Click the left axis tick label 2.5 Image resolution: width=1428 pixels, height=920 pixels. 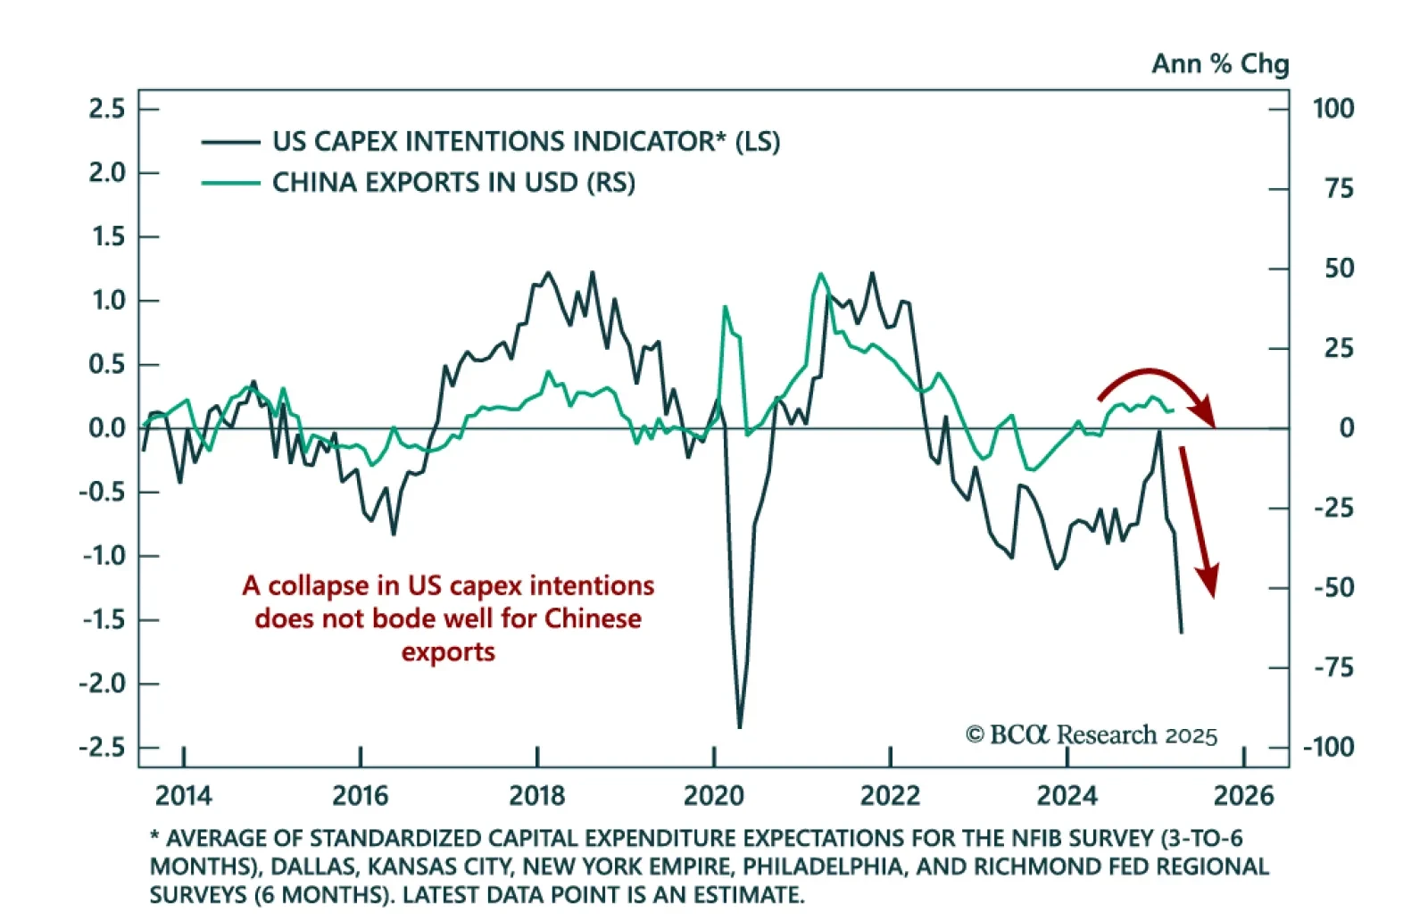click(106, 109)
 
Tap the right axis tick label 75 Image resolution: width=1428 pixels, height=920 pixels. click(1339, 188)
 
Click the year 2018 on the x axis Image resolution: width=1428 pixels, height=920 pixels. click(536, 795)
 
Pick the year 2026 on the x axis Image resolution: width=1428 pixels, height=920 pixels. click(1244, 795)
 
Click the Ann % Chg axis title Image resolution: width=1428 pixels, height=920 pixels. click(1219, 63)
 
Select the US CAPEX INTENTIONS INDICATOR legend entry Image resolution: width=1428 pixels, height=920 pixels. click(526, 141)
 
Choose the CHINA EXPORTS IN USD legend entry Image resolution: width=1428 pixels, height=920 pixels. click(453, 182)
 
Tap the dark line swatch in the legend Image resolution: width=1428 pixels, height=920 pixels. click(230, 141)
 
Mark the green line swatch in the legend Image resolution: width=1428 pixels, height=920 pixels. click(230, 183)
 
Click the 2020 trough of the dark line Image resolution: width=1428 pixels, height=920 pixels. click(739, 726)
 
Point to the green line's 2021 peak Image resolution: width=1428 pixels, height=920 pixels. click(820, 275)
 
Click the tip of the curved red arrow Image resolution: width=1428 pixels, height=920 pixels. click(1212, 424)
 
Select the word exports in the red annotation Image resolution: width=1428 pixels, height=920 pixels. click(448, 652)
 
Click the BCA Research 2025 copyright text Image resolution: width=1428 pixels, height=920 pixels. click(1091, 734)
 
